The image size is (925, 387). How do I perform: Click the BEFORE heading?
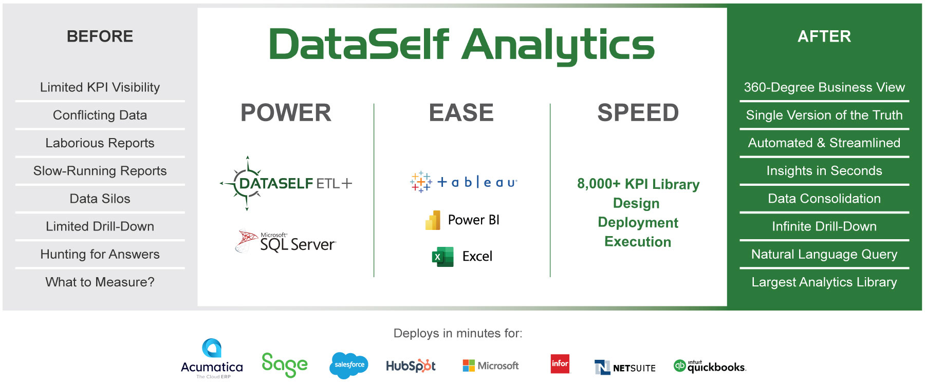pyautogui.click(x=100, y=36)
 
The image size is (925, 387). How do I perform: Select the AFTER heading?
pyautogui.click(x=824, y=36)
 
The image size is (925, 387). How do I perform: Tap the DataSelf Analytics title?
pyautogui.click(x=461, y=45)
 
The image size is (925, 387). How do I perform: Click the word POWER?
pyautogui.click(x=286, y=113)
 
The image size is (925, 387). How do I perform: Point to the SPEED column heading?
pyautogui.click(x=638, y=113)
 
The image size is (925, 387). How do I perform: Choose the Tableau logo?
pyautogui.click(x=464, y=182)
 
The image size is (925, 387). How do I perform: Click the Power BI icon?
pyautogui.click(x=433, y=220)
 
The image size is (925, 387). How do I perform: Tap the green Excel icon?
pyautogui.click(x=442, y=257)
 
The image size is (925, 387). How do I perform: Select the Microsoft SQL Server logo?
pyautogui.click(x=286, y=242)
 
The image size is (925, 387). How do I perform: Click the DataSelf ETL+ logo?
pyautogui.click(x=286, y=183)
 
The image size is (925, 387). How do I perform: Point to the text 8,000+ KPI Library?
pyautogui.click(x=638, y=184)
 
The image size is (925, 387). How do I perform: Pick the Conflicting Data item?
pyautogui.click(x=100, y=115)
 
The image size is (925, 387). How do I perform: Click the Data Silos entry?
pyautogui.click(x=100, y=199)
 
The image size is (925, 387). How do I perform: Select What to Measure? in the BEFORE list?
pyautogui.click(x=100, y=282)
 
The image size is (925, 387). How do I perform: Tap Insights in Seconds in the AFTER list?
pyautogui.click(x=824, y=171)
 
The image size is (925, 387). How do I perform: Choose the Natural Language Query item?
pyautogui.click(x=824, y=255)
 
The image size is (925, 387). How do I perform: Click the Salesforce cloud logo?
pyautogui.click(x=349, y=365)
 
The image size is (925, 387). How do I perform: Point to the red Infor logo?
pyautogui.click(x=560, y=363)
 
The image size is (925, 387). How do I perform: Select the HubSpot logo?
pyautogui.click(x=411, y=365)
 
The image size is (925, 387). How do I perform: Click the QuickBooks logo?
pyautogui.click(x=710, y=366)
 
